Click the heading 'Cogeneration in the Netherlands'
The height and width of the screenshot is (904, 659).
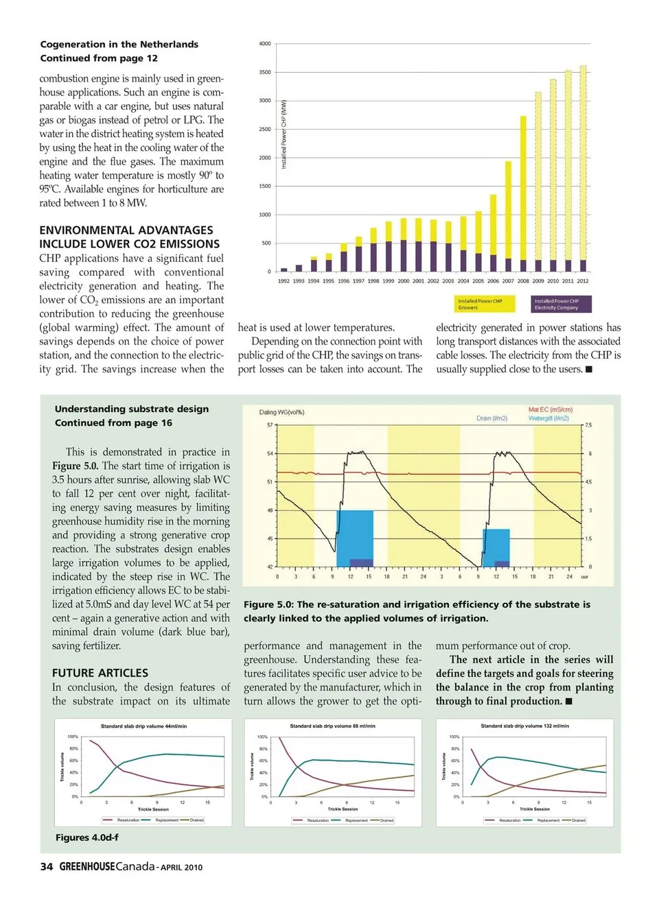click(x=119, y=45)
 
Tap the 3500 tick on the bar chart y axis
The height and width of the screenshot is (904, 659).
click(x=264, y=72)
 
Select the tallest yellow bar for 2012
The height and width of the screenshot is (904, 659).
click(x=583, y=163)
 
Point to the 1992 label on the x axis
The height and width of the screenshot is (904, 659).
click(x=284, y=281)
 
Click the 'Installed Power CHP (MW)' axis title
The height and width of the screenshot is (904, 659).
click(x=284, y=134)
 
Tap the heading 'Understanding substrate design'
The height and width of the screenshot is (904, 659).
click(x=131, y=409)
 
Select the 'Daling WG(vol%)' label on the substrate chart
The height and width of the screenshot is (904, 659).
click(x=281, y=412)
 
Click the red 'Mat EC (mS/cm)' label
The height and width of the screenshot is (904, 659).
click(x=550, y=409)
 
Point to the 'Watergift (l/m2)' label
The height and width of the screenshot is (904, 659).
click(x=548, y=418)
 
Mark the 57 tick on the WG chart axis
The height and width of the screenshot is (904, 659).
click(x=270, y=425)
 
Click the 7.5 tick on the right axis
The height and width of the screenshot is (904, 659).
click(x=588, y=425)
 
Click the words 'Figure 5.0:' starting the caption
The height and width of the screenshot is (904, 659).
click(x=268, y=605)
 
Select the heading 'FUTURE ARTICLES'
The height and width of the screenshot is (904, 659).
click(x=100, y=674)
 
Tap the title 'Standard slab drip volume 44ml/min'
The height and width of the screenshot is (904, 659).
click(x=143, y=726)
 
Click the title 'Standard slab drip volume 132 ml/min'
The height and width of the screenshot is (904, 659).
click(x=524, y=726)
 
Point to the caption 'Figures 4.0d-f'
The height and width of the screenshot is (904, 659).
click(x=86, y=837)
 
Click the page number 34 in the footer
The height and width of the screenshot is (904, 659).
click(x=47, y=867)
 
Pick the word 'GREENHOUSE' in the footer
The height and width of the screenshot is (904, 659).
click(x=87, y=867)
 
